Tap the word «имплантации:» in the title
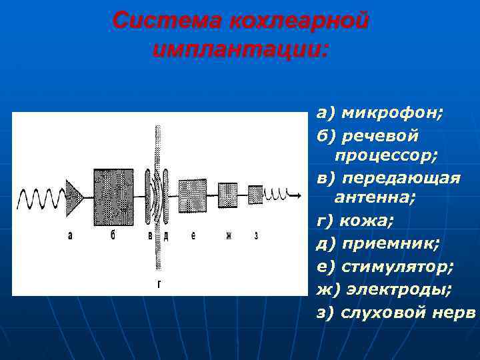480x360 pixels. (240, 49)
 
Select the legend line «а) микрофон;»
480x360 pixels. (379, 113)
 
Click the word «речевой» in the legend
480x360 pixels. (379, 135)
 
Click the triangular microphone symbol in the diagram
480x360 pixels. (73, 196)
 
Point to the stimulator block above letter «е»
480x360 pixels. (193, 195)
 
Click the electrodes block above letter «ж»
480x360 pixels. (228, 195)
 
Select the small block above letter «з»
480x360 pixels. (255, 195)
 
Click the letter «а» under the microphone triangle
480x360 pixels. (70, 235)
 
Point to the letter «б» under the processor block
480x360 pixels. (113, 235)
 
